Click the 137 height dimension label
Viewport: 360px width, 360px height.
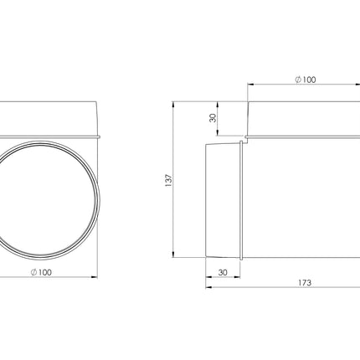[169, 180]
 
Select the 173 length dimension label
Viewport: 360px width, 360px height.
[305, 283]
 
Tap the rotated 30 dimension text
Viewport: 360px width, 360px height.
[213, 118]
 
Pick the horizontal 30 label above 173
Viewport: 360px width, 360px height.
[223, 272]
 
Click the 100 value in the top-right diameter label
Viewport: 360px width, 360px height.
[309, 80]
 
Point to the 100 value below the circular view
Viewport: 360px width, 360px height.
[44, 272]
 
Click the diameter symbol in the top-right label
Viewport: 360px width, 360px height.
[298, 80]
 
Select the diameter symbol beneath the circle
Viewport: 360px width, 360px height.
[33, 272]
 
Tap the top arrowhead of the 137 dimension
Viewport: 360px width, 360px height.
[173, 105]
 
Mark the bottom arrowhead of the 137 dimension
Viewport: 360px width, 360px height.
[173, 254]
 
